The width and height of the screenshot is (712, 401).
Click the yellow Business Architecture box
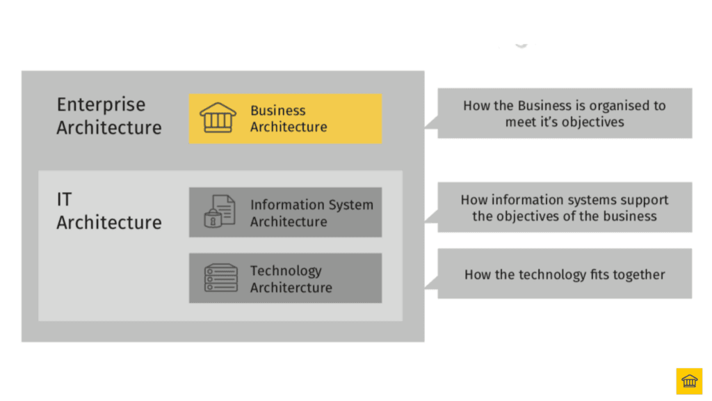[285, 118]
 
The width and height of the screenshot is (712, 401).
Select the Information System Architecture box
[285, 212]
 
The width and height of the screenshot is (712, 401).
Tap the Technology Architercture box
[285, 278]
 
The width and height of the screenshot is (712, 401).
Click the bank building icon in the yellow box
[218, 118]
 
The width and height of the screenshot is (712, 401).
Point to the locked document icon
[219, 211]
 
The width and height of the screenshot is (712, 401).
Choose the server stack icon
[220, 278]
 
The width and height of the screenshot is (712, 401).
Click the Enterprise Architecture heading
[108, 116]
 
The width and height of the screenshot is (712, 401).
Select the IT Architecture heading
[108, 211]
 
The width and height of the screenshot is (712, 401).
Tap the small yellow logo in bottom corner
[689, 381]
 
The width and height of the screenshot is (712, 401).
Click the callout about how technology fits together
[565, 274]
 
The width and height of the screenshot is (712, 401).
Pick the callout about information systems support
[565, 207]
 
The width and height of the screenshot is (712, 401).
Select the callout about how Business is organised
[565, 113]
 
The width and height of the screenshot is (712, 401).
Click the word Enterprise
[101, 105]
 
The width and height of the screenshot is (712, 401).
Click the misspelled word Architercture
[291, 288]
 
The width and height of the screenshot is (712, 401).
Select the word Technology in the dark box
[286, 271]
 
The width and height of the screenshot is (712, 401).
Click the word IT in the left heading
[64, 200]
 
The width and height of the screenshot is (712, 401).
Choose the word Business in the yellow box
[277, 110]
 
